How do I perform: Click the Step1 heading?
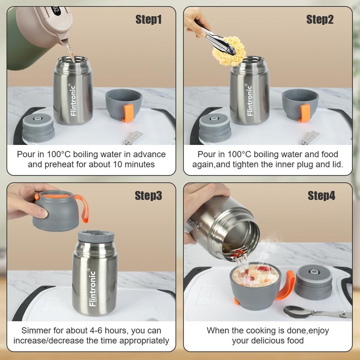[148, 19]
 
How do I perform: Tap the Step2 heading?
[320, 19]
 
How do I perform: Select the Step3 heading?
[148, 196]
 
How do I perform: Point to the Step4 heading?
[321, 196]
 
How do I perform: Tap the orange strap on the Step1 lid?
[128, 113]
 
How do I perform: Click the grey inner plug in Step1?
[38, 128]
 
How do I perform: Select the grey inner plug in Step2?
[215, 128]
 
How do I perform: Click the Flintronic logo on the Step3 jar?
[92, 288]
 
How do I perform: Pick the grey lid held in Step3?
[57, 211]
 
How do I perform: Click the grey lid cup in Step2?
[300, 105]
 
